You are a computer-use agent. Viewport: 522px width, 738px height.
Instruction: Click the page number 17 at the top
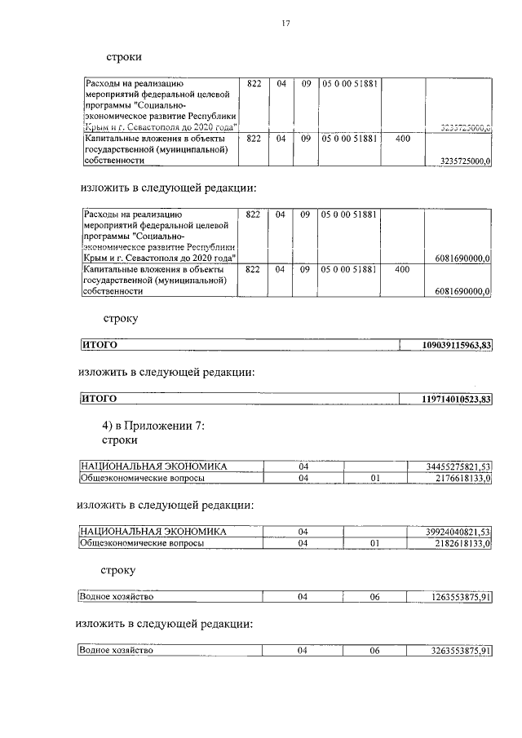point(286,24)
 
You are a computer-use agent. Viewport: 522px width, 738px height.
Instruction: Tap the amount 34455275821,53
point(458,466)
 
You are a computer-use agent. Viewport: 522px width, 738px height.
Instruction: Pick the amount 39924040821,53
point(458,532)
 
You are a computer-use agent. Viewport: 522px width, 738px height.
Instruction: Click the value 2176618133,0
point(462,478)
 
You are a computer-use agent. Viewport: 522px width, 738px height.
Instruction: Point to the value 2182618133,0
point(462,543)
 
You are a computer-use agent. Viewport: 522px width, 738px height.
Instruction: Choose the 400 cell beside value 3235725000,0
point(402,139)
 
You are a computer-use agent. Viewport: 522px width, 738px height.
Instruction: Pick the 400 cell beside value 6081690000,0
point(402,268)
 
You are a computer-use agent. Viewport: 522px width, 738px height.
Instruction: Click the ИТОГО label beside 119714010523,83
point(100,399)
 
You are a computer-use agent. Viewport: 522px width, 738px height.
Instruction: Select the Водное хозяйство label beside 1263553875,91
point(117,597)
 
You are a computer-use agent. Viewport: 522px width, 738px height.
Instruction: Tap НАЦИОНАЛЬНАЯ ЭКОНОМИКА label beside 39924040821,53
point(153,532)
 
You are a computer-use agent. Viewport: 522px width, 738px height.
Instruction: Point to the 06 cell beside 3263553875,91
point(375,651)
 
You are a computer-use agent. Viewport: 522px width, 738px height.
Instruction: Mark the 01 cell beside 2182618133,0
point(375,543)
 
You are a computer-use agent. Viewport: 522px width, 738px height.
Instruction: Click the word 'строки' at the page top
point(124,58)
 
